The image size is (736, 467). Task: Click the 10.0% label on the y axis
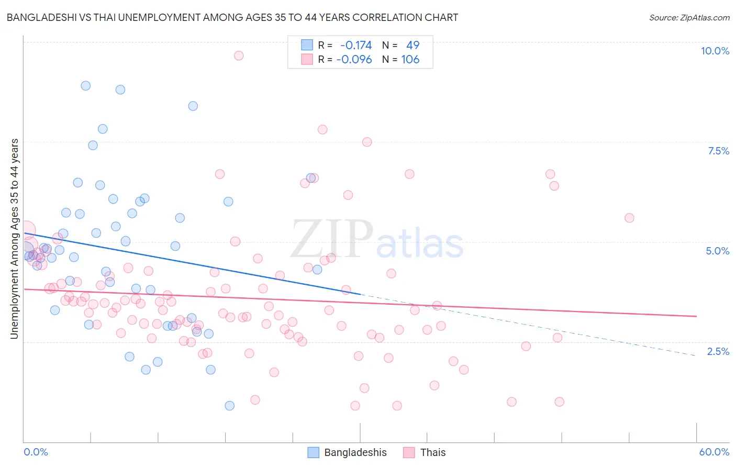click(715, 51)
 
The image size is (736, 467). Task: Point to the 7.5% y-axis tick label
click(718, 151)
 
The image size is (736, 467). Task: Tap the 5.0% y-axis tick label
click(717, 251)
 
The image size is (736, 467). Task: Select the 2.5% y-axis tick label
click(718, 351)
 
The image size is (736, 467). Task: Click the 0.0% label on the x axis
click(36, 452)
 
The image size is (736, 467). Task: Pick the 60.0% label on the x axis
click(714, 452)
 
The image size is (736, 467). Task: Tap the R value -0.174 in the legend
click(356, 45)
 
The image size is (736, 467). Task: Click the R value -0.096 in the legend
click(354, 59)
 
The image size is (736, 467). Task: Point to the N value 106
click(410, 59)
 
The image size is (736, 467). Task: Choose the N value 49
click(412, 45)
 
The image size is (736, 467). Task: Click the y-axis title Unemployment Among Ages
click(15, 239)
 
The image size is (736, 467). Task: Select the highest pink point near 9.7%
click(239, 55)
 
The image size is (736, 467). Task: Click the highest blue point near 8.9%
click(85, 85)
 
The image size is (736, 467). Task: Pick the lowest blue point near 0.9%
click(229, 406)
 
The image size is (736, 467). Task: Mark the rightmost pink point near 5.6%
click(629, 218)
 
